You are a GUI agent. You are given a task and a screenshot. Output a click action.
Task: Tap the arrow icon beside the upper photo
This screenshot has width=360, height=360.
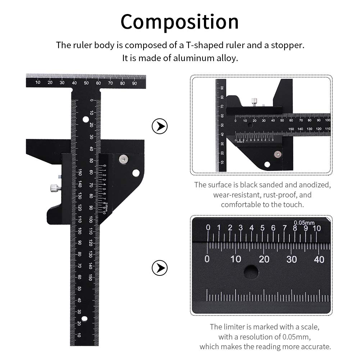(160, 127)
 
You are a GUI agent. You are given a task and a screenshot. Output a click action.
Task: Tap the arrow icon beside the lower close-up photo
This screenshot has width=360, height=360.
(160, 268)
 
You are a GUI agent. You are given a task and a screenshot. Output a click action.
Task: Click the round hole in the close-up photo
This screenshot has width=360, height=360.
(251, 272)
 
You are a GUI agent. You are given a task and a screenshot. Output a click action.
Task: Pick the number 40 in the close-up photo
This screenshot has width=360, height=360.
(319, 259)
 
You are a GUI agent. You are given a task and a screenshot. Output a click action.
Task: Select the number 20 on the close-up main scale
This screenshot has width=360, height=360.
(264, 259)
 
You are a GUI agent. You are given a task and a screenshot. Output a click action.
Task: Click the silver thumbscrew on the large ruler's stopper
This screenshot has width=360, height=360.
(54, 187)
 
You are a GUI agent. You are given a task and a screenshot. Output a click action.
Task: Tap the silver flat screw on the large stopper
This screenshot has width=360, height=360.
(123, 158)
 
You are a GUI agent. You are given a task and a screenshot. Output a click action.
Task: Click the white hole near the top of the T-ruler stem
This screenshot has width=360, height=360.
(86, 119)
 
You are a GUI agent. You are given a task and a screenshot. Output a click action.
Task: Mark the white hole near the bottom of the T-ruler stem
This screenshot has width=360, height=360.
(85, 319)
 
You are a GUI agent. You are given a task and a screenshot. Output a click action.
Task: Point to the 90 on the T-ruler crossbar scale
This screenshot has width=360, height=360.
(135, 83)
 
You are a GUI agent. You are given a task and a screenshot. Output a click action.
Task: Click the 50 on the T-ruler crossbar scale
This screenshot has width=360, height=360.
(86, 83)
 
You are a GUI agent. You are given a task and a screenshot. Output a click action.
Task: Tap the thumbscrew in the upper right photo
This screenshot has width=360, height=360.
(254, 101)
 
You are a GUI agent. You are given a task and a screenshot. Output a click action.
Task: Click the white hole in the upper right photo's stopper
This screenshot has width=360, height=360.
(267, 164)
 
